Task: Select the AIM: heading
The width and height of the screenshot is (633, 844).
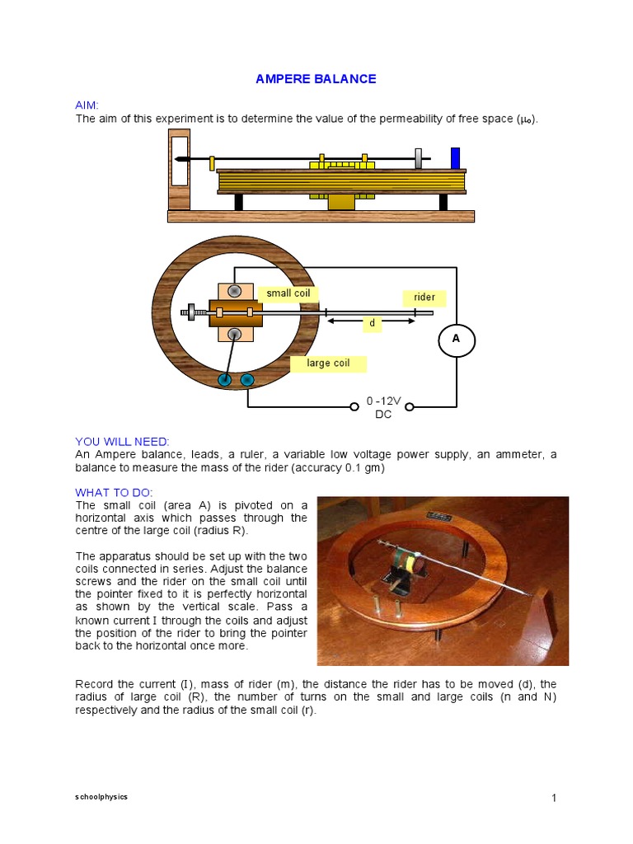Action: coord(87,105)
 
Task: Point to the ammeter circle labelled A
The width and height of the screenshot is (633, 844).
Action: coord(457,339)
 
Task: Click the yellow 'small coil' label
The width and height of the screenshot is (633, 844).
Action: coord(288,293)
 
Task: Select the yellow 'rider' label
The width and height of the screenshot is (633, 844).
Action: coord(424,298)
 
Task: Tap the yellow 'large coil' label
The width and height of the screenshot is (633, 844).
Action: coord(328,363)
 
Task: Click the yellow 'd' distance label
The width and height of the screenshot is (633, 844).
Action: coord(372,324)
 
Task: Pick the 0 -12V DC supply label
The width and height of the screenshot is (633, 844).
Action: coord(383,407)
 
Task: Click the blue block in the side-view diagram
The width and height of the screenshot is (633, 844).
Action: coord(455,158)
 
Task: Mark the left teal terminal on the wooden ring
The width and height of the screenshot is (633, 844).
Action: coord(223,380)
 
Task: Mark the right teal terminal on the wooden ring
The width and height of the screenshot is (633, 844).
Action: coord(246,380)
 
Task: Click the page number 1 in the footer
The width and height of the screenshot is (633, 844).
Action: coord(555,798)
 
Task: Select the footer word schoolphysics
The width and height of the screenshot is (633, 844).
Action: coord(101,797)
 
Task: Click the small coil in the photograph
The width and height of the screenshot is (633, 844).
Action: coord(409,565)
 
